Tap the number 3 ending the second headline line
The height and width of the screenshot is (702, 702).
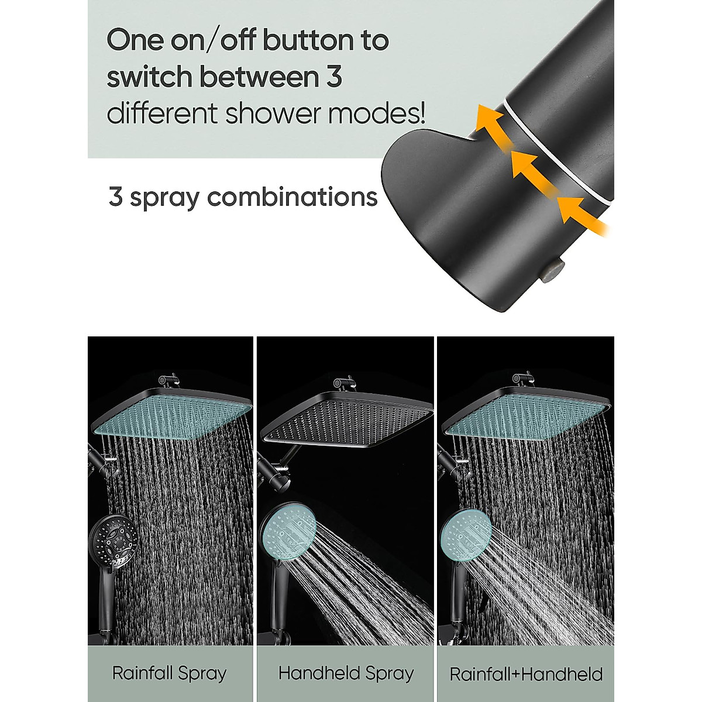point(334,77)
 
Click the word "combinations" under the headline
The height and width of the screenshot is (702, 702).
point(292,197)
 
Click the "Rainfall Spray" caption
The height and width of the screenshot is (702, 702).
point(170,673)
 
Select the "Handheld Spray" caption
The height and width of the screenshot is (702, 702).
point(346,673)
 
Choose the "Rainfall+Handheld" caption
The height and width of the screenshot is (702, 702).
point(526,675)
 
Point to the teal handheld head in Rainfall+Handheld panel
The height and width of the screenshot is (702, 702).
point(466,532)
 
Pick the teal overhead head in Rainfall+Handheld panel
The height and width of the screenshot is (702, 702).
point(526,413)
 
